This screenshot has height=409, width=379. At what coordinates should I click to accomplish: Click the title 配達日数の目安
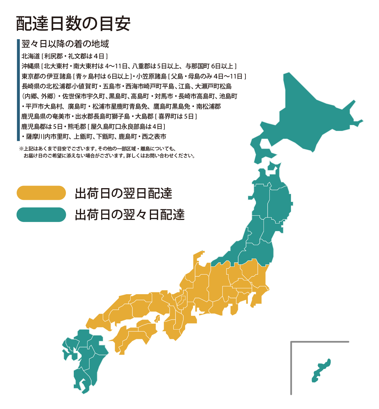[73, 24]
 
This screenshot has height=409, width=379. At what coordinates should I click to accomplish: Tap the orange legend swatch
[41, 193]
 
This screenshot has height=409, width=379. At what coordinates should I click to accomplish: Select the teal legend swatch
[41, 215]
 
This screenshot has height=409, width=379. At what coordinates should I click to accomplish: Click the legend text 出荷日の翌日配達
[124, 193]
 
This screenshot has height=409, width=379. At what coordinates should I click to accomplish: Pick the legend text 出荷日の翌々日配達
[130, 215]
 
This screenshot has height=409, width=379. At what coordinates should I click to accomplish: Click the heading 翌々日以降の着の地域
[65, 44]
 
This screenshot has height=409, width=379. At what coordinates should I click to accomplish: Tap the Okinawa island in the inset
[321, 370]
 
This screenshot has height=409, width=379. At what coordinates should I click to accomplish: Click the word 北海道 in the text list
[30, 56]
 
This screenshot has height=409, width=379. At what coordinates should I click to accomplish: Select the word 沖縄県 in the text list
[30, 66]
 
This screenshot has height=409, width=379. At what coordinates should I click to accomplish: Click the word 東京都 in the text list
[30, 77]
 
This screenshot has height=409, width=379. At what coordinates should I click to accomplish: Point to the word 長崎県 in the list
[30, 86]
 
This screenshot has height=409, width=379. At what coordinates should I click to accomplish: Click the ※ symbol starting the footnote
[21, 149]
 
